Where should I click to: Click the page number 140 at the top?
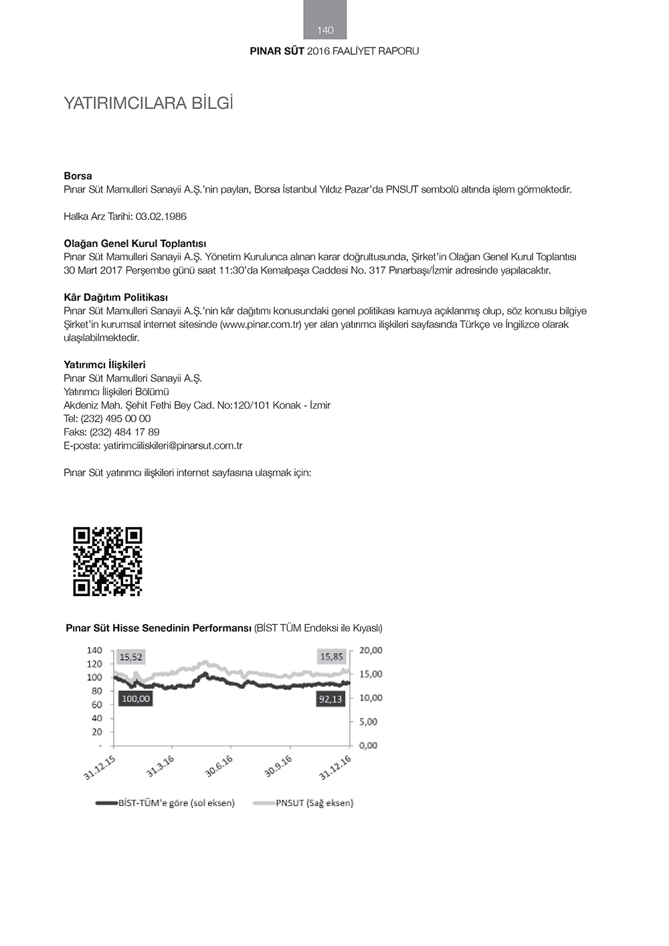325,30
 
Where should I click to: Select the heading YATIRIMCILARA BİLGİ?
148,104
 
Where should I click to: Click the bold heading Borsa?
78,176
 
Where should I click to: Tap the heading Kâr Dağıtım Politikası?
116,297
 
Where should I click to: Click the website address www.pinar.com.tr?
261,324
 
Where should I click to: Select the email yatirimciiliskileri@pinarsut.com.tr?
173,446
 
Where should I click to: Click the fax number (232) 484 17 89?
124,432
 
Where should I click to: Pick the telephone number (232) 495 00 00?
116,419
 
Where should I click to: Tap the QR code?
108,561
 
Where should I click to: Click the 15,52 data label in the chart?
131,658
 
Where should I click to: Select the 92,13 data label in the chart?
330,699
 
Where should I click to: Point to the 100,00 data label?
136,699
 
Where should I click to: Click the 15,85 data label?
332,657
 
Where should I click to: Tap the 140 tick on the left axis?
94,650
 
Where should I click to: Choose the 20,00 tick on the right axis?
371,650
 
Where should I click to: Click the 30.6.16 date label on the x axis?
219,766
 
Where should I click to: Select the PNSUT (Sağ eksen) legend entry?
314,803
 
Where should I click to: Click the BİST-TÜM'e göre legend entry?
176,803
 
